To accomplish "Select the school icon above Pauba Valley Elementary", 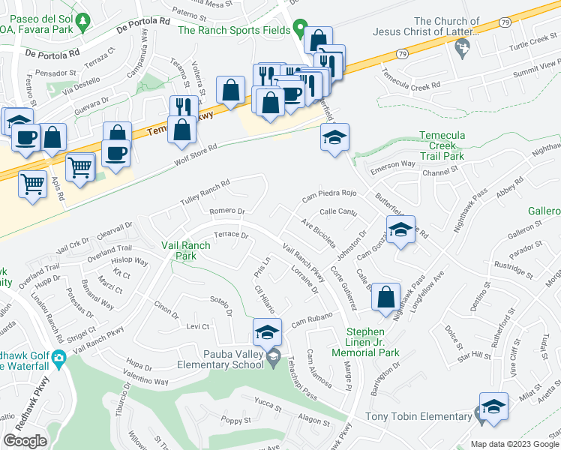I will click(267, 331).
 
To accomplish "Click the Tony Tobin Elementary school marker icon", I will click(493, 406).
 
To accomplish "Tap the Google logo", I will click(25, 441).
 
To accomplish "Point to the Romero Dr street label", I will click(227, 212).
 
